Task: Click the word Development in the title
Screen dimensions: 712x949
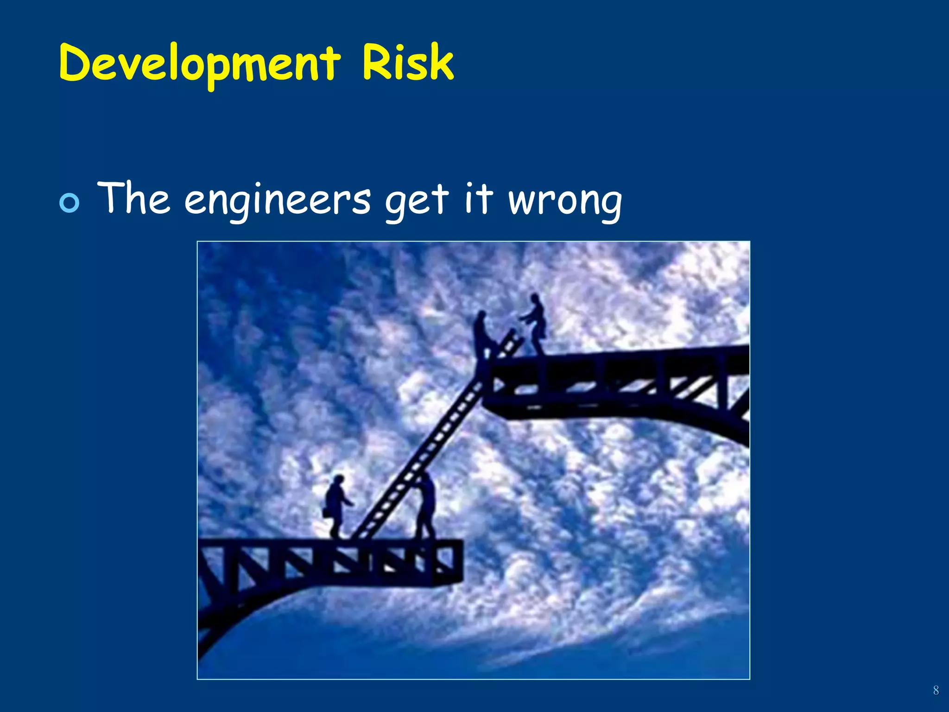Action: (199, 64)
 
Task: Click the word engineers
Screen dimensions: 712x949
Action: (277, 201)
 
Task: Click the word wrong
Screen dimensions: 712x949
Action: (565, 202)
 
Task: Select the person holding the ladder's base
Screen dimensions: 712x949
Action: (426, 505)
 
